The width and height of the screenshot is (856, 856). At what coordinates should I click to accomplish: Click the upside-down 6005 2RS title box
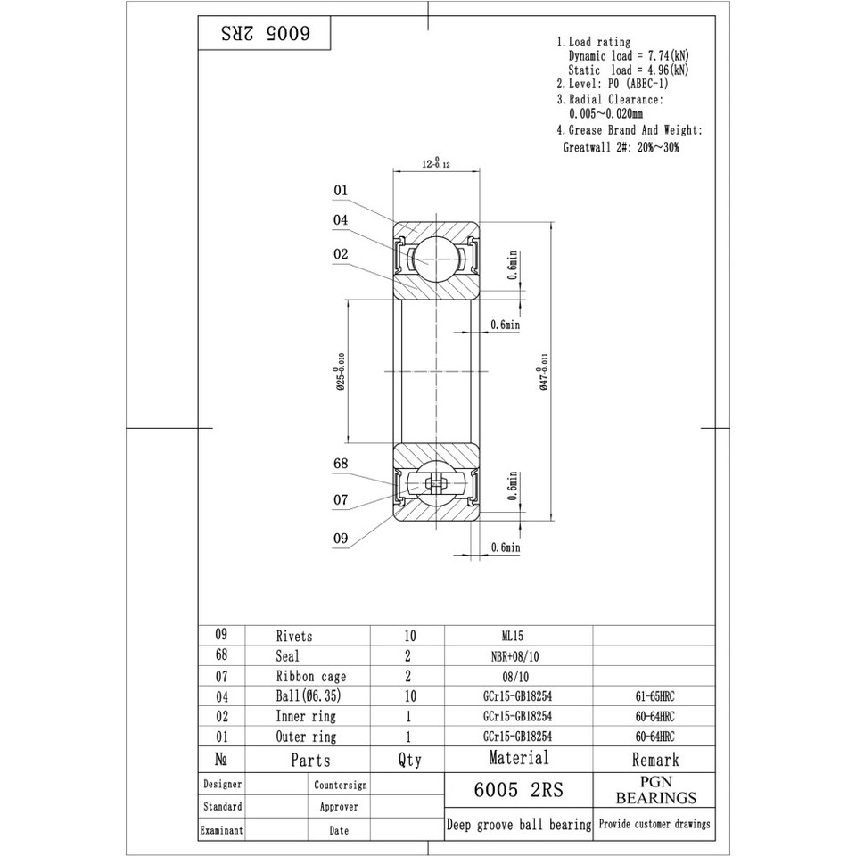pos(264,34)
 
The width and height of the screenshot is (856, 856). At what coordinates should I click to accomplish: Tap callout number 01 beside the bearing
pos(341,190)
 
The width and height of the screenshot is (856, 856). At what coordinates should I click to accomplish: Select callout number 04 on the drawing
pos(341,219)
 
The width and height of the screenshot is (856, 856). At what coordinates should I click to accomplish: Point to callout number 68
pos(341,464)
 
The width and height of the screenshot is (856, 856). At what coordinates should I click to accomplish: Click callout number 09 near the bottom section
pos(341,539)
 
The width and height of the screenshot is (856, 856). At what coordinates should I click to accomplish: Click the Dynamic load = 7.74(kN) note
pos(629,55)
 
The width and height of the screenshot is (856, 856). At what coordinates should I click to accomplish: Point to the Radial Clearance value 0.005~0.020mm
pos(605,113)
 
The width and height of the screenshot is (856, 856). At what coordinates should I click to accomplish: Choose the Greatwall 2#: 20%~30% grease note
pos(621,147)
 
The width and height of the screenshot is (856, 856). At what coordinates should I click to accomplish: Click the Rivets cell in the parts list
pos(294,637)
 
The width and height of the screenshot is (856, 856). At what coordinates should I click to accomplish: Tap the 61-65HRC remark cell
pos(654,695)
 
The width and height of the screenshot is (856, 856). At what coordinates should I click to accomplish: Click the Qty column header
pos(408,760)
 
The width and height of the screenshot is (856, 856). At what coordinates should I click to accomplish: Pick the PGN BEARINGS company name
pos(655,789)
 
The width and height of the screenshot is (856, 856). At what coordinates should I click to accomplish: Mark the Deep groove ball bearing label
pos(518,825)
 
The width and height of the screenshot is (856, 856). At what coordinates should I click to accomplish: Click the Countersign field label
pos(339,786)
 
